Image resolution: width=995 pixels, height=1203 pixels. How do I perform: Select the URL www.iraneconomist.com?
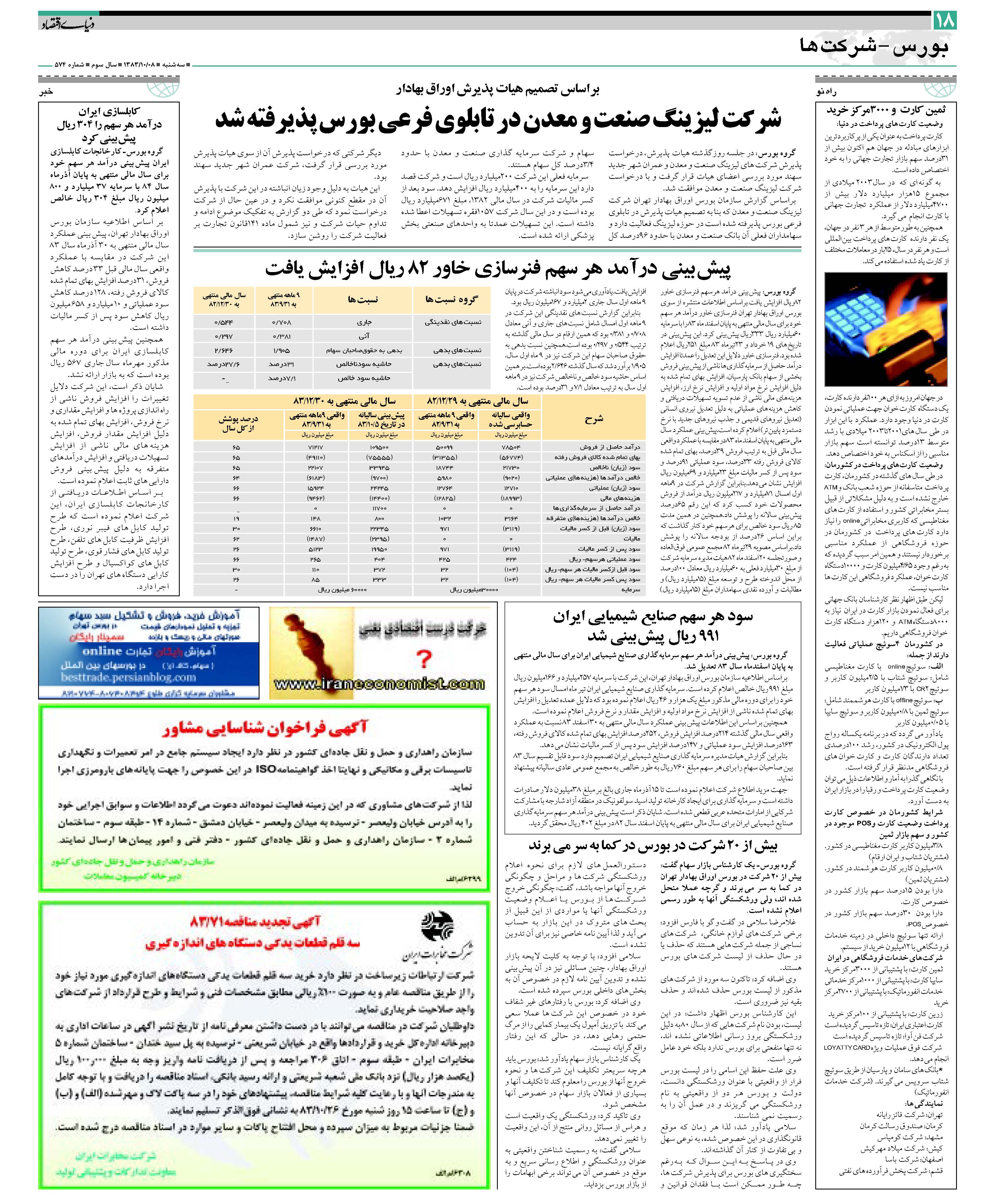(x=379, y=684)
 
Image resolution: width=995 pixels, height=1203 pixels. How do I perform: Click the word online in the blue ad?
(x=102, y=651)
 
